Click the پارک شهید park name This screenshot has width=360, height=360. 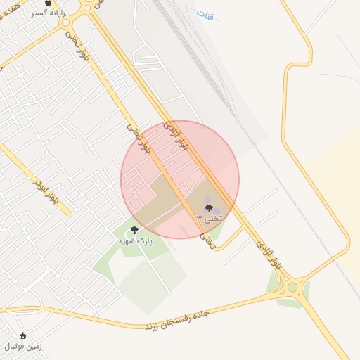(134, 240)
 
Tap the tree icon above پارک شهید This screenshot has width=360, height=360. (134, 230)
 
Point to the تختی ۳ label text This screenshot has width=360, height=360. (209, 219)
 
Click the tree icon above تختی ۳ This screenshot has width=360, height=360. (209, 208)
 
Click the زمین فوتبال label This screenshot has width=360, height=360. (23, 346)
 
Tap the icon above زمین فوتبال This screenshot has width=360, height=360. (23, 335)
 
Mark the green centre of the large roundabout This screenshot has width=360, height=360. (292, 287)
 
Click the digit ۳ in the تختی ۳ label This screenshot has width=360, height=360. (199, 219)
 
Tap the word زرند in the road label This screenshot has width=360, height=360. (154, 325)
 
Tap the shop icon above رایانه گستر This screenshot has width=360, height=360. (48, 2)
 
